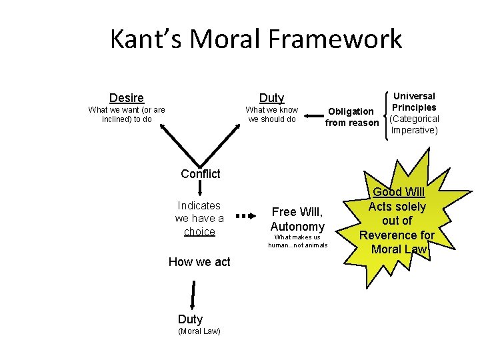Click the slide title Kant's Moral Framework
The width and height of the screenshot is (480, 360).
point(256,39)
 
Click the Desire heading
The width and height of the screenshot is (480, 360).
point(127,98)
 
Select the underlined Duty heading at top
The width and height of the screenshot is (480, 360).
point(271,98)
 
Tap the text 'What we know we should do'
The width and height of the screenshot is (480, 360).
point(272,115)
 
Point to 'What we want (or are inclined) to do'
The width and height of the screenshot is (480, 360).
point(127,115)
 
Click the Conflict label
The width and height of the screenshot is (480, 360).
point(200,174)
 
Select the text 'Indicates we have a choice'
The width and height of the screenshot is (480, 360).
point(199,218)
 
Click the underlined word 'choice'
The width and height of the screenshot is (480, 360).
point(199,231)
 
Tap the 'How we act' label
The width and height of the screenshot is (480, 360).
point(199,262)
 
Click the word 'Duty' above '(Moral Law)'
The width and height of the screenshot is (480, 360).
point(190,319)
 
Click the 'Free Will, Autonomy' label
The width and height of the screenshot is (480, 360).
point(297,219)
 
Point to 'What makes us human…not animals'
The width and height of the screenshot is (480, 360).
point(298,241)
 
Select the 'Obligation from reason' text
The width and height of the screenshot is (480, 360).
point(351,117)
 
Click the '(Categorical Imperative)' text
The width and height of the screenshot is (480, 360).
point(414,125)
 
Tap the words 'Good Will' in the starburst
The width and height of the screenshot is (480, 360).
point(399,193)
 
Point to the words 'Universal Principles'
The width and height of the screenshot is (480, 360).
point(414,101)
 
